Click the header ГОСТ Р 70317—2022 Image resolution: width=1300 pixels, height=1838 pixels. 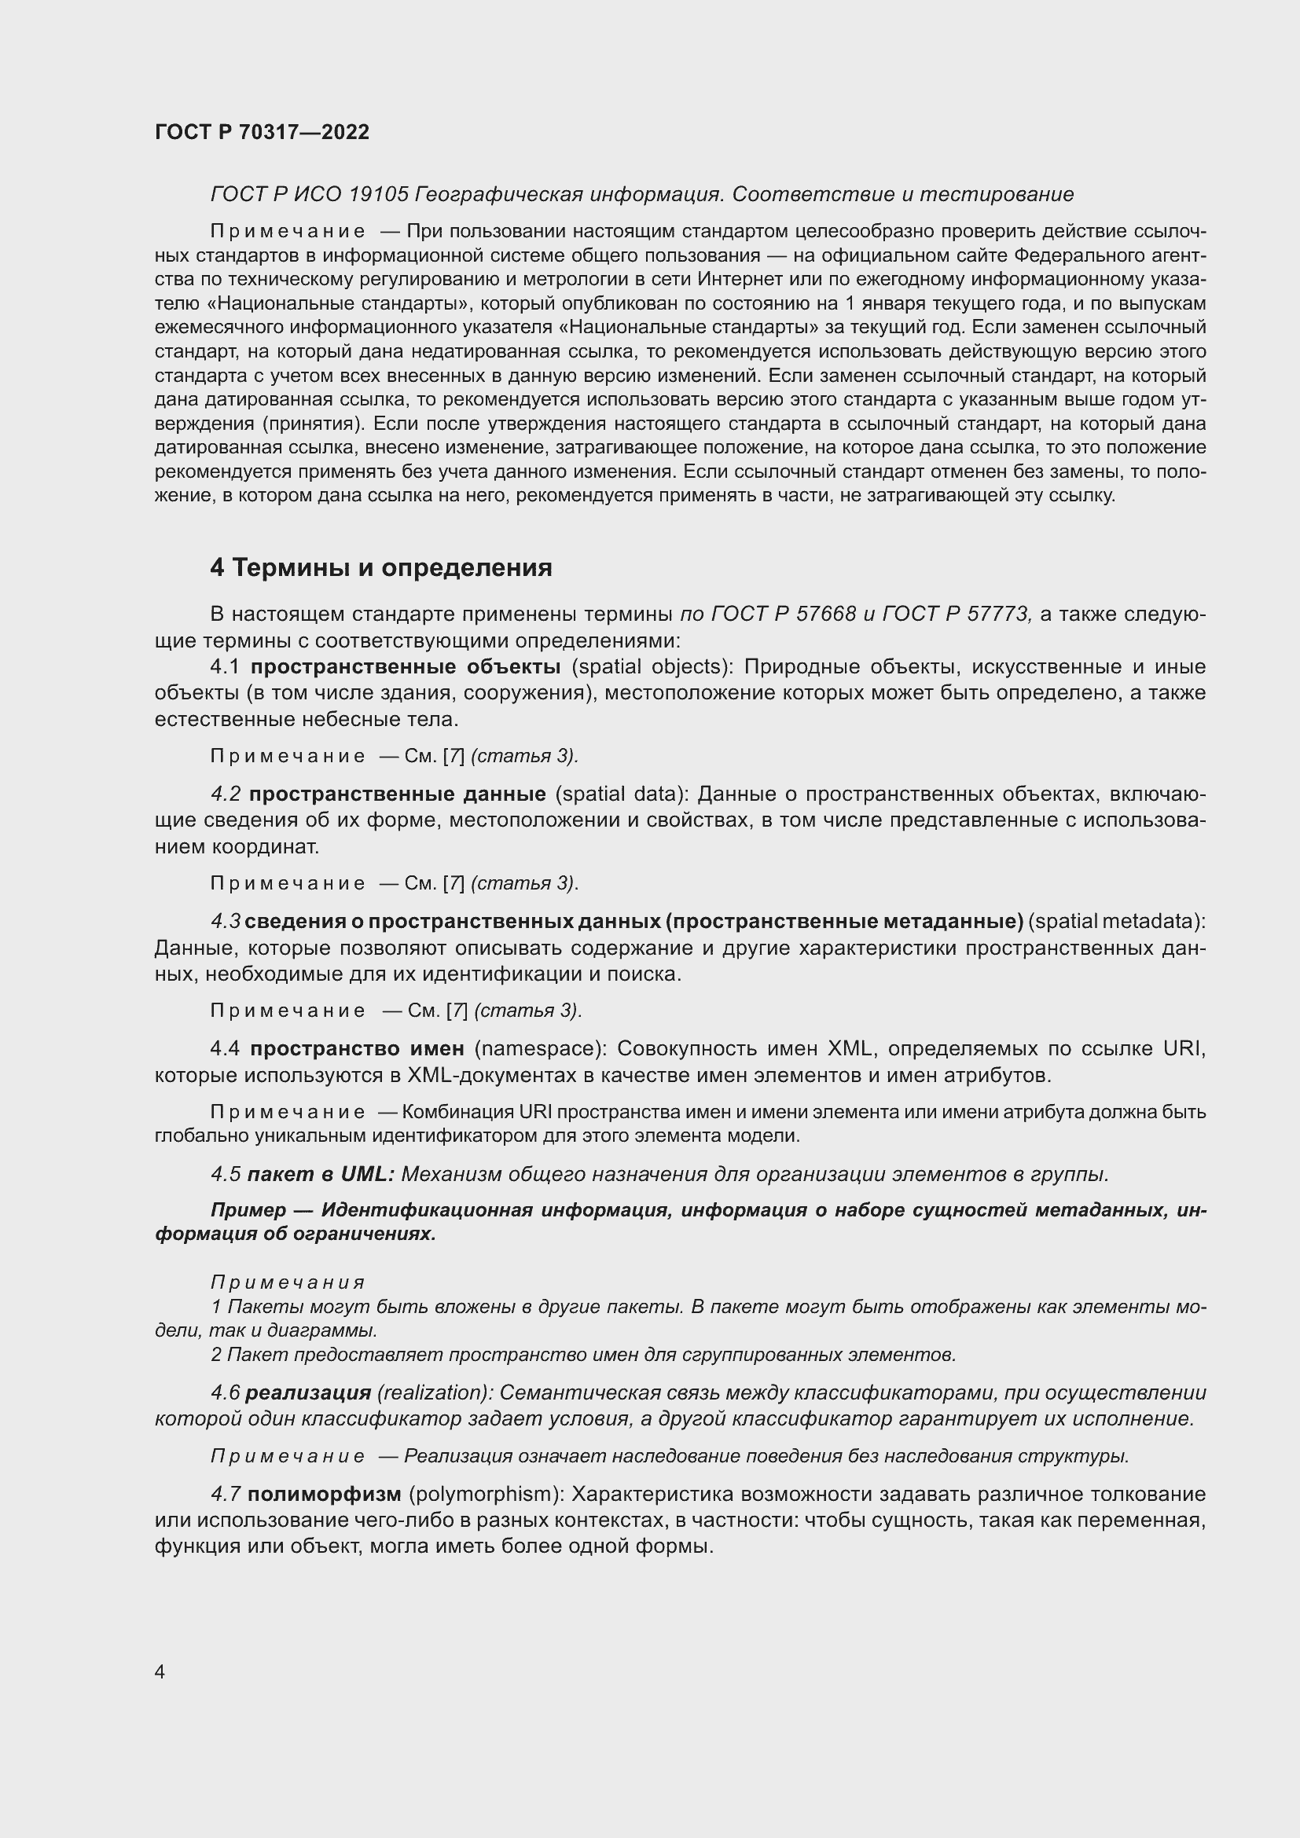click(262, 132)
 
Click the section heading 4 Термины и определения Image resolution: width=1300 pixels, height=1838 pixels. click(381, 567)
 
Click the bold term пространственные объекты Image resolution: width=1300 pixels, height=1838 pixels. click(405, 667)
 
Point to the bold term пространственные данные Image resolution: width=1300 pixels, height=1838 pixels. click(397, 794)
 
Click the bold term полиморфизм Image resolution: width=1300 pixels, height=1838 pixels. click(324, 1494)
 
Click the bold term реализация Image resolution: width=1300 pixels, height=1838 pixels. click(308, 1392)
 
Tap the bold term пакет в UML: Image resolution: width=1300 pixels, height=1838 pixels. click(321, 1174)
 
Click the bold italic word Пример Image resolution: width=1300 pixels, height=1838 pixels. click(248, 1209)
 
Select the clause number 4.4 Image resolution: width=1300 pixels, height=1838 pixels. click(225, 1049)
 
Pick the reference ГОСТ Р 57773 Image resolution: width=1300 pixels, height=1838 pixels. click(955, 614)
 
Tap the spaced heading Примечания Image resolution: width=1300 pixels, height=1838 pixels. click(288, 1282)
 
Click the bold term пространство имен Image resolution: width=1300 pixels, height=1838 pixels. click(357, 1049)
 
